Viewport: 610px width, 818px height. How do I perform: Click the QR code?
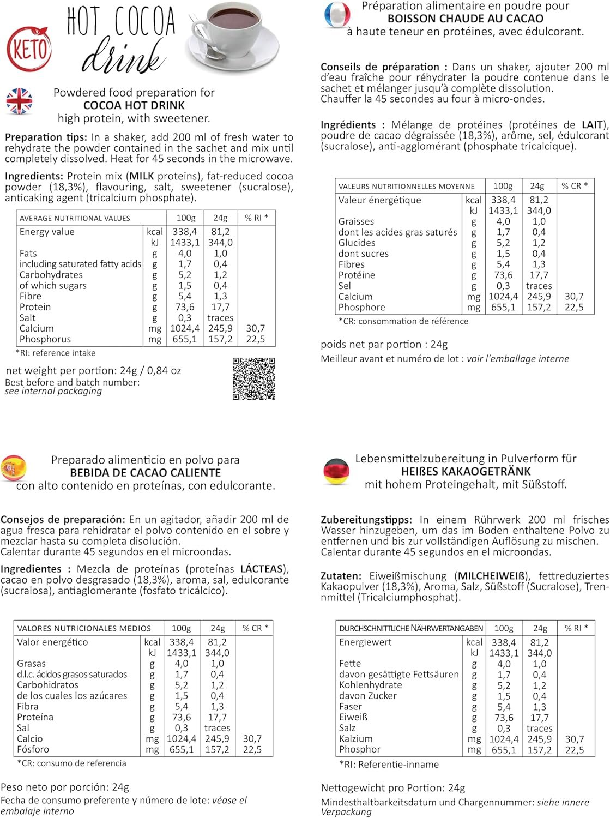point(253,378)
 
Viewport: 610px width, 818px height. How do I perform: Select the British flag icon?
point(19,101)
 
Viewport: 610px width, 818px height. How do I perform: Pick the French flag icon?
point(336,16)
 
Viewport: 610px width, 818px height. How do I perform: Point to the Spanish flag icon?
point(14,468)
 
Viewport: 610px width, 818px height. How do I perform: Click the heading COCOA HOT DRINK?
point(134,105)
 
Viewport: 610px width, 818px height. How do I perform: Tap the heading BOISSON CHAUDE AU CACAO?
point(465,19)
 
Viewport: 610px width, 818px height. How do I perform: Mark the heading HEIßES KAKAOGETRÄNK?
point(466,472)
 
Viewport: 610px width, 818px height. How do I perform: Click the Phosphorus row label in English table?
point(45,339)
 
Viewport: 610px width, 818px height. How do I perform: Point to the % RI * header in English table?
point(256,218)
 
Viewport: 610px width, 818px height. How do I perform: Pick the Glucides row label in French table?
point(357,243)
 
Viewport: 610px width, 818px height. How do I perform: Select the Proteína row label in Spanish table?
point(35,717)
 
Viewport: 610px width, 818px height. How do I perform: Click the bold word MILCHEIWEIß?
point(493,576)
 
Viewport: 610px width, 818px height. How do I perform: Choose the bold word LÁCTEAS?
point(263,569)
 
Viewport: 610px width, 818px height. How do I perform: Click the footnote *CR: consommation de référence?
point(403,321)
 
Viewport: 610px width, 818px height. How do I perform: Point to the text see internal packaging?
point(53,391)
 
